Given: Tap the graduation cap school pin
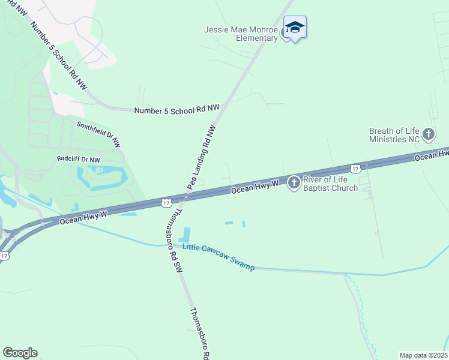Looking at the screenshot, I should [295, 28].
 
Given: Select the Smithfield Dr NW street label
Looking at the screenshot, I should [98, 134].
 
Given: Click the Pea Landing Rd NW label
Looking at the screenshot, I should [201, 157].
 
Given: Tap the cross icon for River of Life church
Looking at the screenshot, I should [294, 182].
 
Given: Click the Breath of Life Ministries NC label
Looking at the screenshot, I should [394, 135].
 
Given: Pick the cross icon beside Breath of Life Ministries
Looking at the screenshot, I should [428, 134].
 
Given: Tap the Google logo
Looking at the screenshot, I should [20, 353].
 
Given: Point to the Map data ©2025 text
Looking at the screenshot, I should [423, 355].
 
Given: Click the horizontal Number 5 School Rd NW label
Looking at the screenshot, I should [177, 110].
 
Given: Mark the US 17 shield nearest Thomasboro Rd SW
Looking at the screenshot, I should [166, 204].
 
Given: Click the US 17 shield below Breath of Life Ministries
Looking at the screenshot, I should [355, 169].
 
